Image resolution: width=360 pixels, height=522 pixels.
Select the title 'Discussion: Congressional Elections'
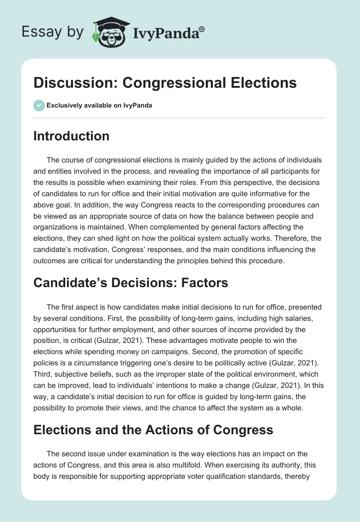[165, 83]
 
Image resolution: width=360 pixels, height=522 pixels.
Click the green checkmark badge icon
[39, 106]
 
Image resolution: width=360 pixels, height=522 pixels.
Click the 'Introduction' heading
[71, 136]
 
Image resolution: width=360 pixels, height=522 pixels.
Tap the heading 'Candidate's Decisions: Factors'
[130, 283]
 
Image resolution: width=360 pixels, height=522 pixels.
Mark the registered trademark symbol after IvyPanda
[202, 28]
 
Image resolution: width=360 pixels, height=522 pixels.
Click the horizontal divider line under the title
[179, 118]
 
